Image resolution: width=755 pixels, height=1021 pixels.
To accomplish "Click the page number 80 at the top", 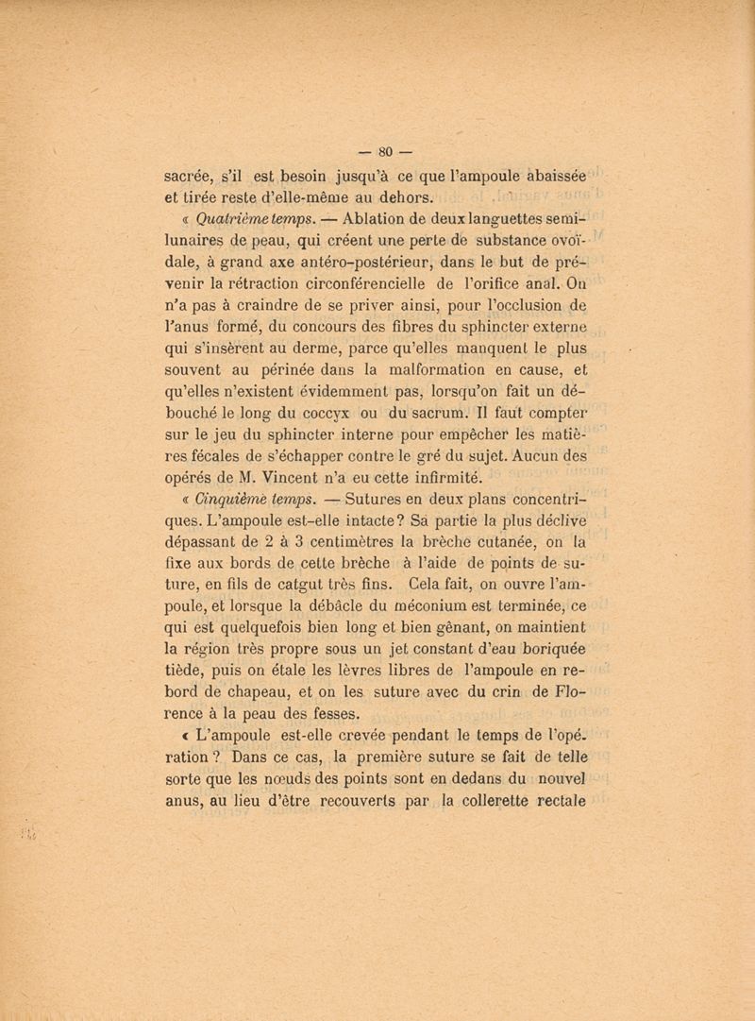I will (x=384, y=148).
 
